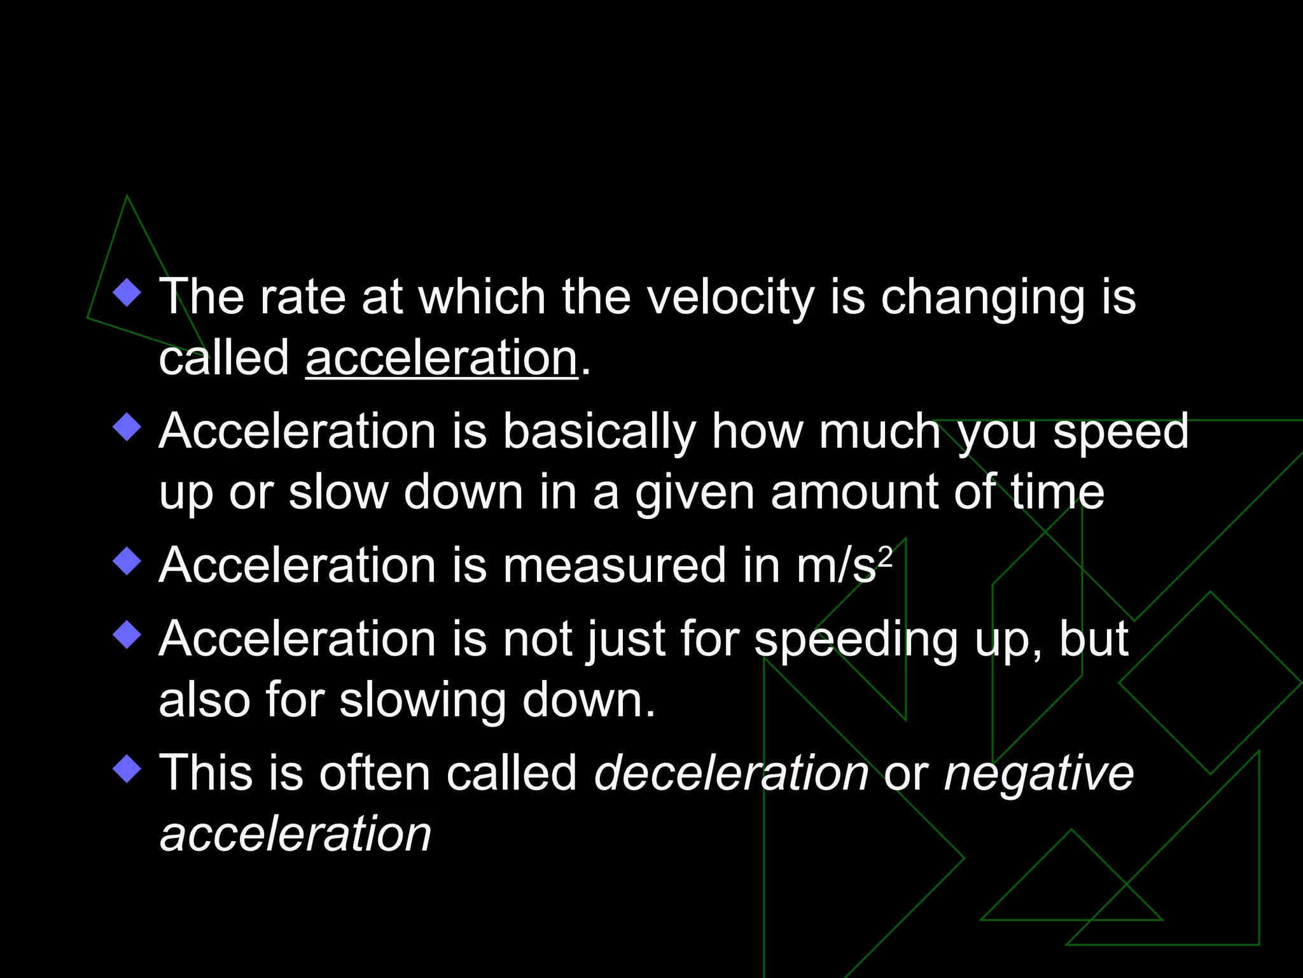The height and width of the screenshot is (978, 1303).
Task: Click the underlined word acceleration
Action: [442, 358]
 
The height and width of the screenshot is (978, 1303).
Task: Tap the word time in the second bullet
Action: [1057, 493]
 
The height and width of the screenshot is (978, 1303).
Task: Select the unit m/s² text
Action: [844, 565]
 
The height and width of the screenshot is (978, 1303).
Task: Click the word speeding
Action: [856, 640]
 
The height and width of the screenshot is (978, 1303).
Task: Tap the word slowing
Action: [422, 700]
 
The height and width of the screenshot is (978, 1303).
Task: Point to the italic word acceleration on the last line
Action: [295, 834]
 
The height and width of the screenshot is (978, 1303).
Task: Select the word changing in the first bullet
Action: [982, 297]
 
